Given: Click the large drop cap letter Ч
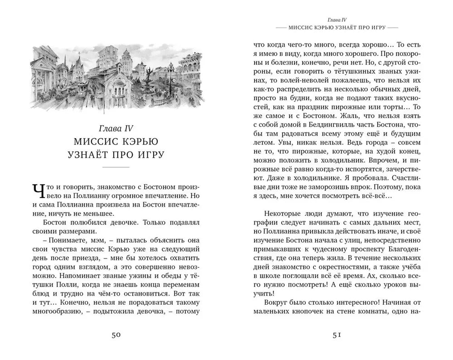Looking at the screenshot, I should pos(39,192).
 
